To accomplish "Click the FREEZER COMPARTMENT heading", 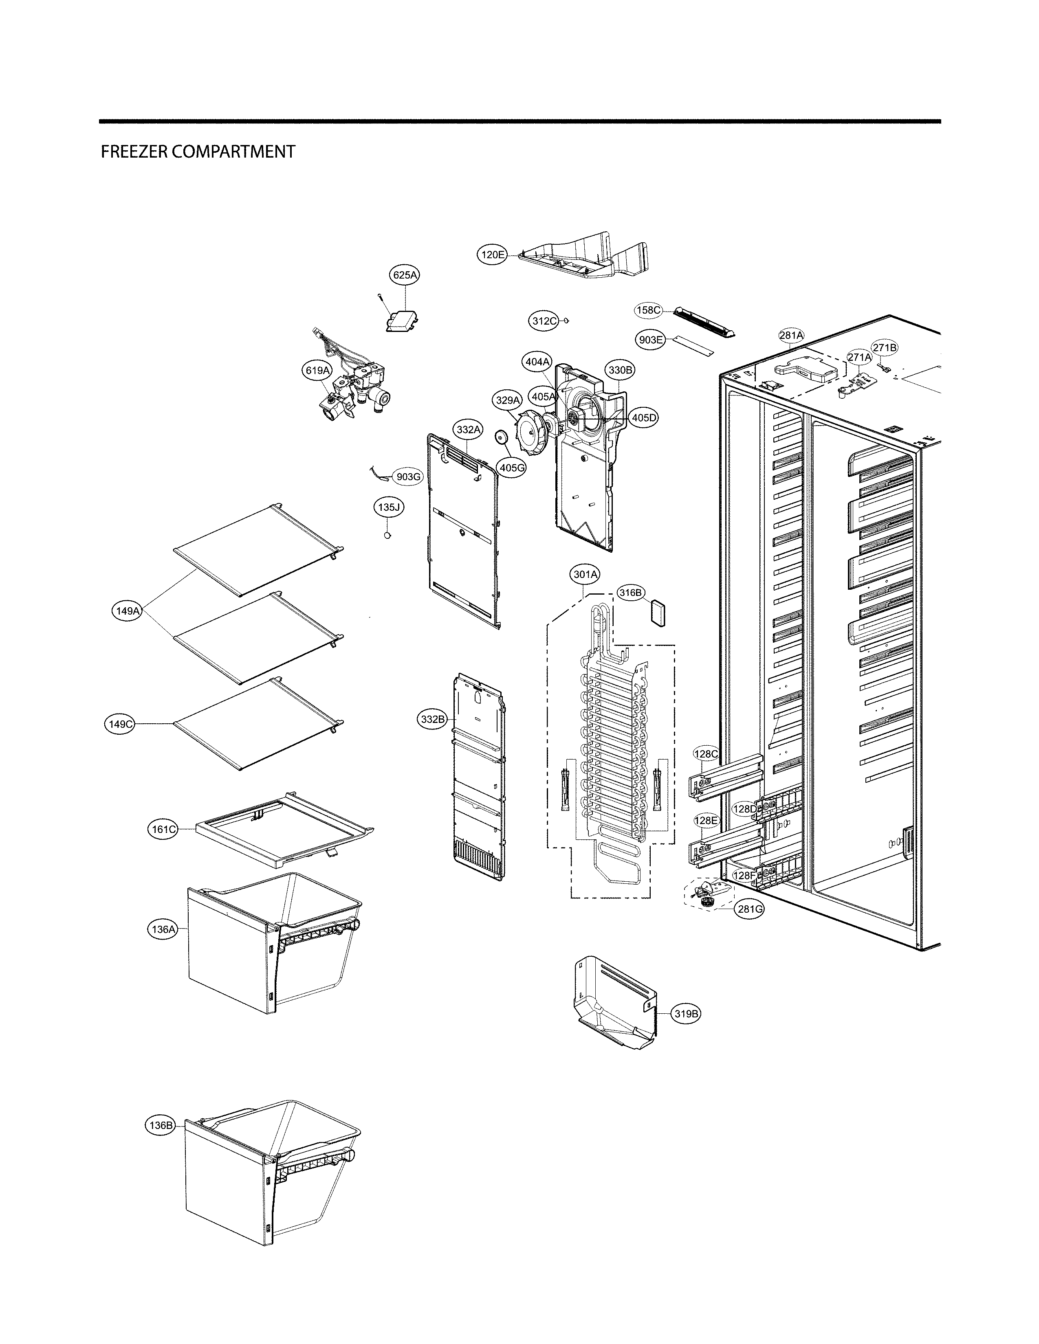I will point(198,152).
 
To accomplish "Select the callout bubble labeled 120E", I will point(493,254).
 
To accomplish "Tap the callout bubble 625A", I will point(405,275).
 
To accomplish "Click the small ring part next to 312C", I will point(567,320).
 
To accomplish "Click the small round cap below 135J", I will point(387,536).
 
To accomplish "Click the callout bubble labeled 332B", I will point(432,719).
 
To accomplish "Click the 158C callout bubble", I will point(649,311).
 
